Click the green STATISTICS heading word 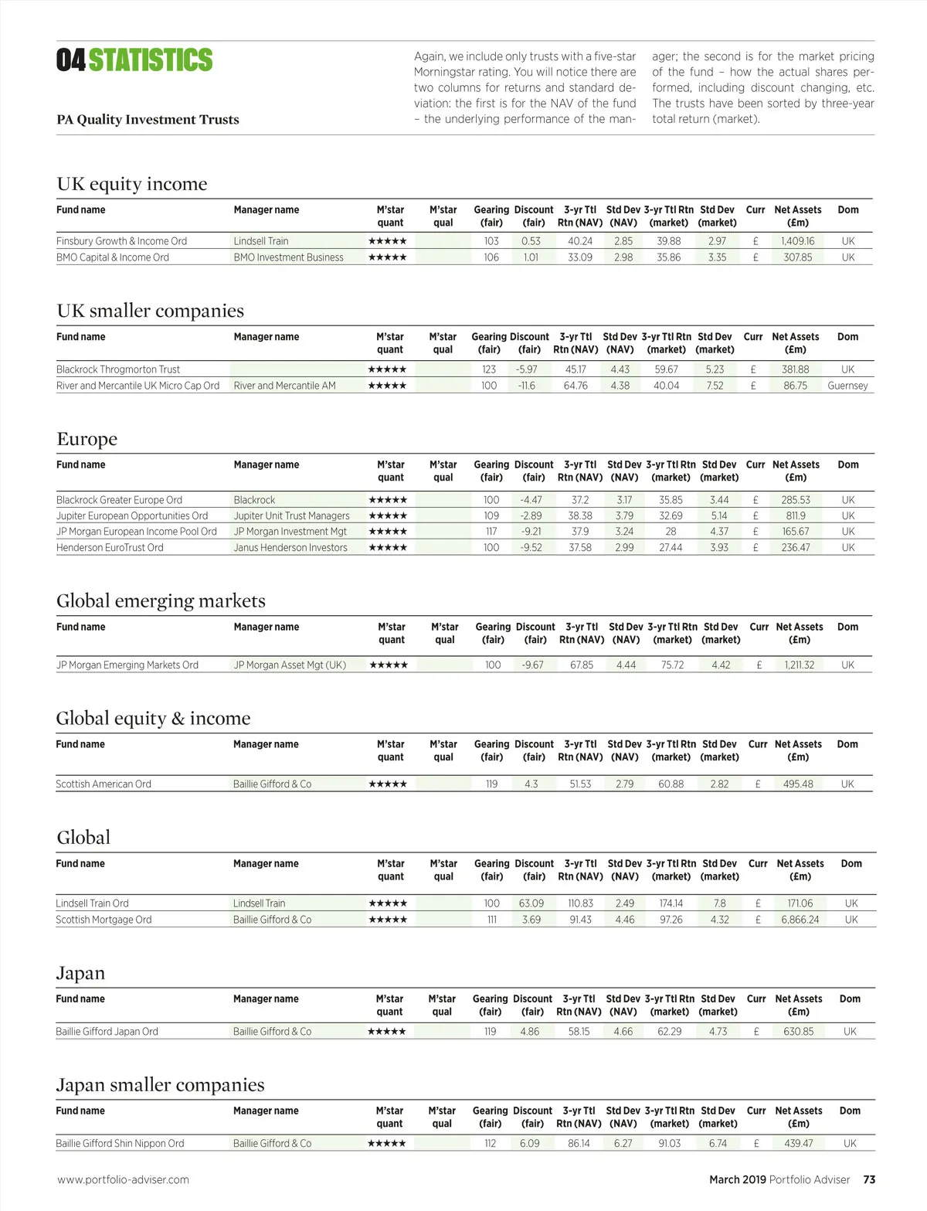[151, 60]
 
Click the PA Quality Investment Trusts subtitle [148, 119]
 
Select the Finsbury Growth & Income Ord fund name [121, 241]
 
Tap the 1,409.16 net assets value [797, 241]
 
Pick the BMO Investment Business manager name [288, 257]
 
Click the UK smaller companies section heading [150, 311]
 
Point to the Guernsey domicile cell [847, 386]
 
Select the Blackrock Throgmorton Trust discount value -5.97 [527, 369]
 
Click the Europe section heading [87, 439]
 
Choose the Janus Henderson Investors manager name [290, 547]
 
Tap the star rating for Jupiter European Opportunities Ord [388, 515]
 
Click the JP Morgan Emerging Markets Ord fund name [127, 665]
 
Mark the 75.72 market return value [672, 665]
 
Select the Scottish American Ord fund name [104, 784]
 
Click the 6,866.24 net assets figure [800, 920]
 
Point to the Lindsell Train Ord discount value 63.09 [531, 903]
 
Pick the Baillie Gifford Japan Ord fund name [107, 1031]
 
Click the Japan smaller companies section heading [160, 1085]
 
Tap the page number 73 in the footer [869, 1179]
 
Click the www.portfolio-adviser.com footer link [123, 1179]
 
